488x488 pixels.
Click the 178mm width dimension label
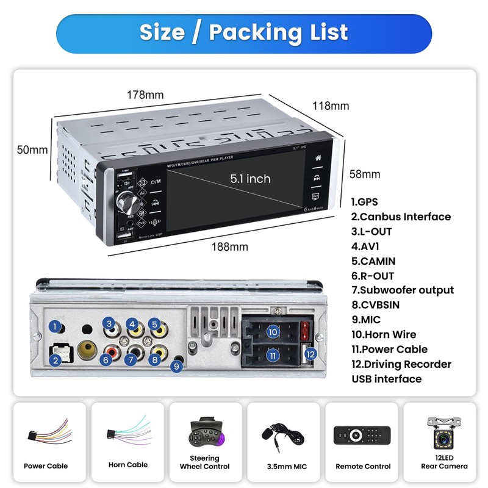click(x=145, y=95)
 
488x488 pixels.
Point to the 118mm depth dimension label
click(x=331, y=106)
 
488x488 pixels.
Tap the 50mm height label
click(x=32, y=149)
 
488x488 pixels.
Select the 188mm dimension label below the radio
click(x=229, y=246)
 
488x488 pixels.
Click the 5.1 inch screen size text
click(x=250, y=179)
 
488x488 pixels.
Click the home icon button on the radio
click(x=317, y=157)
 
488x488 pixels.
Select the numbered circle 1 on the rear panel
click(x=56, y=327)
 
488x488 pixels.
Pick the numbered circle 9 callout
click(x=176, y=367)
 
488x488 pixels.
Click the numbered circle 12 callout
click(x=310, y=354)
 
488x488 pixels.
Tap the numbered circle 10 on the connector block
click(x=273, y=332)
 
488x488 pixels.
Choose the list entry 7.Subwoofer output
click(x=403, y=290)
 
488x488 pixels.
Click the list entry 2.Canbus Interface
click(x=401, y=217)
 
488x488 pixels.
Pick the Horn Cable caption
click(x=128, y=465)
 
